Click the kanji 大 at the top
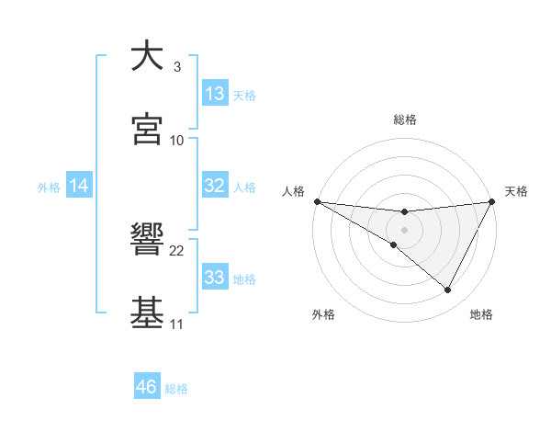click(x=147, y=56)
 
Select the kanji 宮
click(x=147, y=130)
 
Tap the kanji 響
click(x=147, y=240)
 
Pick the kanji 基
click(x=147, y=313)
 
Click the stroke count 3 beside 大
click(x=177, y=67)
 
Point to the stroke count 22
click(x=177, y=251)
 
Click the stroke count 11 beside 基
click(x=177, y=324)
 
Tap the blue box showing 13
click(x=215, y=94)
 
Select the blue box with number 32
click(x=215, y=186)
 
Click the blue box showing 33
click(x=215, y=278)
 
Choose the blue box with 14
click(x=79, y=186)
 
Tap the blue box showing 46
click(x=147, y=387)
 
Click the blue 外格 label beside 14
click(x=49, y=187)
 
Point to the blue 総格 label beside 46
click(x=176, y=389)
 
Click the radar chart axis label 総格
click(x=405, y=119)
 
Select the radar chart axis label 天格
click(x=516, y=191)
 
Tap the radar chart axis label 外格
click(x=323, y=314)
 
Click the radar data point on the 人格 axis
click(x=317, y=201)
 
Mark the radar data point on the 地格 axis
click(x=448, y=290)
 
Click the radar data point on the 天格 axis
click(x=492, y=201)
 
